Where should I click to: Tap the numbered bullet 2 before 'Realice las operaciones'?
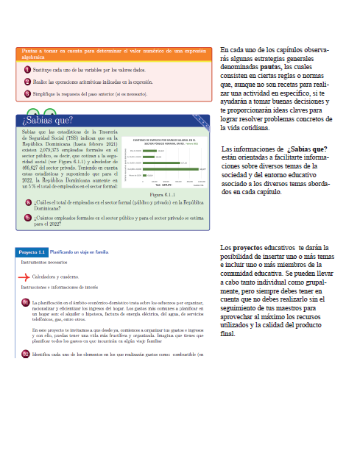(x=27, y=82)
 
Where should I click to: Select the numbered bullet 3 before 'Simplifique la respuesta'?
(x=27, y=93)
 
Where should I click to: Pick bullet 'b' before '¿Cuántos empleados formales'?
(x=27, y=218)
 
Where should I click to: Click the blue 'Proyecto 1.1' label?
(x=32, y=252)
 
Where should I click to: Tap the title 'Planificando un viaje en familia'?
(x=82, y=252)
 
